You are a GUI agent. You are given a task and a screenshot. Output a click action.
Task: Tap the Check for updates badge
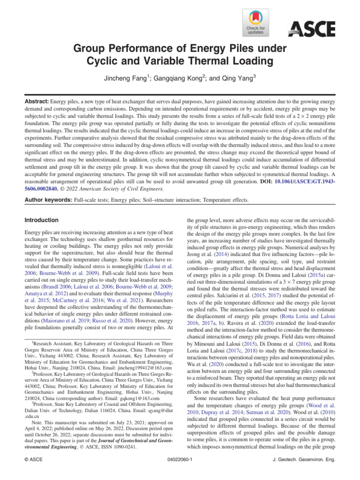pyautogui.click(x=255, y=22)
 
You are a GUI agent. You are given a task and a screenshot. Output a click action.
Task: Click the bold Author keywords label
pyautogui.click(x=48, y=200)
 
